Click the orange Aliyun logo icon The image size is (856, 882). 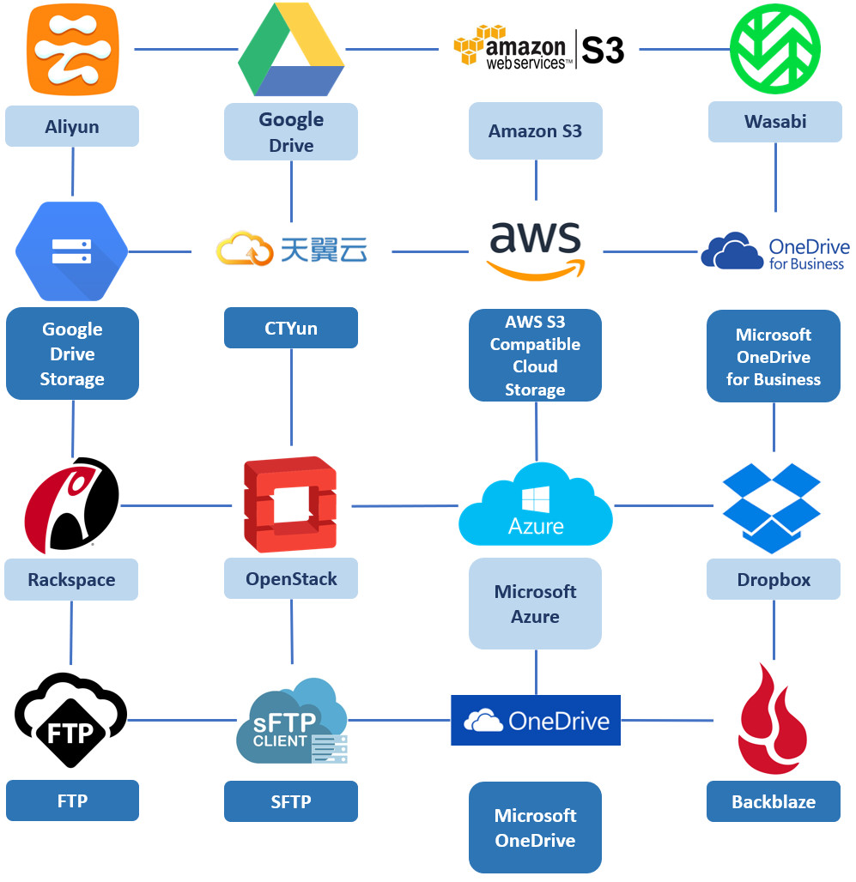click(72, 49)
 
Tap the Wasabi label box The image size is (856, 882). click(774, 122)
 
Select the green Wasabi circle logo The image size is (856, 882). click(774, 49)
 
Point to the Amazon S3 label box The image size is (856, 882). click(535, 131)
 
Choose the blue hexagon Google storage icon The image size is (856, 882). click(72, 251)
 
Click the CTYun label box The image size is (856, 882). click(291, 329)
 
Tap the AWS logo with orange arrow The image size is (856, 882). click(536, 251)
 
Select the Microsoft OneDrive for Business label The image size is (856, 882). click(774, 357)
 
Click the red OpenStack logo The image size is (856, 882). click(290, 504)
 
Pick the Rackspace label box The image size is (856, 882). click(71, 580)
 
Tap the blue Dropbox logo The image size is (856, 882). click(772, 507)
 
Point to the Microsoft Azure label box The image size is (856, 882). click(535, 604)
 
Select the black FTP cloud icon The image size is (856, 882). click(71, 719)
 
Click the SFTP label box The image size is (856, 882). click(291, 801)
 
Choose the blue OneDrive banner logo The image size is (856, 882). click(536, 720)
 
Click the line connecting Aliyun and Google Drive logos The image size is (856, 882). click(185, 49)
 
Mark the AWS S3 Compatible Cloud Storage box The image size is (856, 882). click(535, 355)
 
